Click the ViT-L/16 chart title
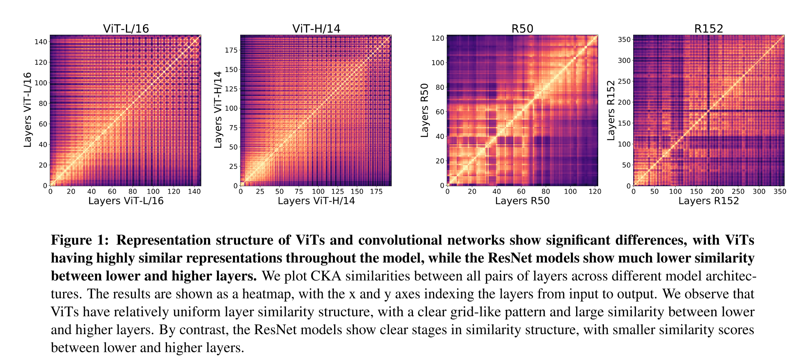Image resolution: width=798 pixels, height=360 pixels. point(126,29)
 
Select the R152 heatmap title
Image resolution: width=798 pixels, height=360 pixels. point(708,29)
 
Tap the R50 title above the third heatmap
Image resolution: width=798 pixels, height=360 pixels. point(522,29)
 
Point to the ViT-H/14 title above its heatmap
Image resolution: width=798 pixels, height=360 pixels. point(316,29)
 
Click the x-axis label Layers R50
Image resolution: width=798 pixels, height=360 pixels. point(522,201)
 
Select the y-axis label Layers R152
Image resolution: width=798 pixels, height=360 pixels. point(611,110)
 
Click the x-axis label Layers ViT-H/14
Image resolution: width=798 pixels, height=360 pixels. point(316,201)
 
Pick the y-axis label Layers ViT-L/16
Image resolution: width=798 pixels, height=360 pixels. point(27,110)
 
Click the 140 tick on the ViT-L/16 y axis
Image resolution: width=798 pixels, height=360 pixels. point(41,42)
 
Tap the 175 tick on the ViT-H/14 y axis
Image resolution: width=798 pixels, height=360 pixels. point(231,50)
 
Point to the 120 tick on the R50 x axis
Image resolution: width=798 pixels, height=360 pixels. point(595,191)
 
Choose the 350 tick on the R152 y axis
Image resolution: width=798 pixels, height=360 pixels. point(624,40)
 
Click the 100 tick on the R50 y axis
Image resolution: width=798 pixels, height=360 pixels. point(438,63)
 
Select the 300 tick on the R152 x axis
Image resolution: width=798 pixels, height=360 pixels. point(759,191)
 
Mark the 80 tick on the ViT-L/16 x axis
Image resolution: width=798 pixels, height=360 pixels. point(133,191)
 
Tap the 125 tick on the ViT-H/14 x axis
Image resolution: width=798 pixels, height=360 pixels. point(338,191)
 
